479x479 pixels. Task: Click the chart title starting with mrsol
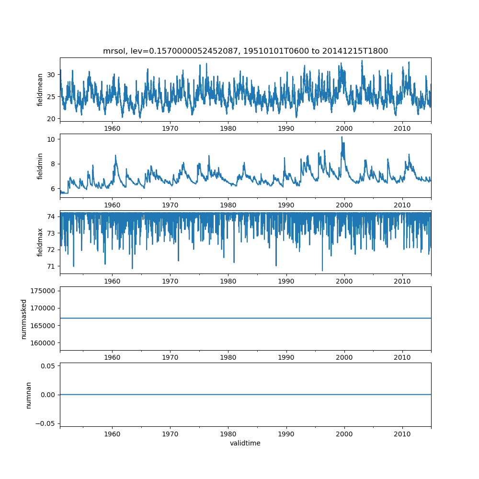pos(245,51)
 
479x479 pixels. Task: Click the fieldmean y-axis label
pos(40,90)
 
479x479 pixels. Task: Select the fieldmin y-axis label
pos(40,166)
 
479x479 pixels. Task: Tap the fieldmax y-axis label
pos(40,242)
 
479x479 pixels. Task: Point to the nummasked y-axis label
pos(24,319)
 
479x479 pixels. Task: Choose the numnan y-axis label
pos(28,395)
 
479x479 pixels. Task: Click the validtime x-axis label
pos(245,443)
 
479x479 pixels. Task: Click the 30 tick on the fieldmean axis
pos(51,74)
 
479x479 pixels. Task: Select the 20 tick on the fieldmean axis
pos(51,118)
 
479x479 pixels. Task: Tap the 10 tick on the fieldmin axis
pos(51,139)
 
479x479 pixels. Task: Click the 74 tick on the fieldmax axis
pos(51,217)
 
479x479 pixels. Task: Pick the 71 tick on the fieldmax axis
pos(51,266)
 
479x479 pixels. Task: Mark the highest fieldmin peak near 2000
pos(342,137)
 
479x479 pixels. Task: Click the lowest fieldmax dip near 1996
pos(322,271)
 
